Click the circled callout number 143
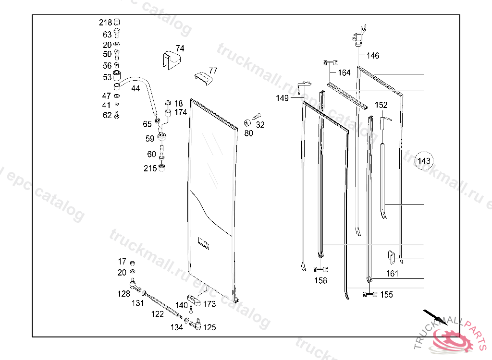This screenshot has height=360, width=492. tap(424, 161)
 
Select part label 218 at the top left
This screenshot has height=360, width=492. tap(105, 23)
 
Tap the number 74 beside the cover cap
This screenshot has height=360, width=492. tap(180, 48)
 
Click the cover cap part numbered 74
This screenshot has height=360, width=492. tap(172, 60)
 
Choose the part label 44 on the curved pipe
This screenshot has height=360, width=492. tap(135, 88)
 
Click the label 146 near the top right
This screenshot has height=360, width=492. tap(373, 56)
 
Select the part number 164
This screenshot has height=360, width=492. tap(344, 73)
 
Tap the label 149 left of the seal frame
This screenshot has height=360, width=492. tap(282, 98)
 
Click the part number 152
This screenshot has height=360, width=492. tap(381, 105)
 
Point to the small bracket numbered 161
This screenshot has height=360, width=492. tap(392, 257)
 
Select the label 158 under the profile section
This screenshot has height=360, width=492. tap(320, 280)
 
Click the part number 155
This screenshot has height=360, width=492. tap(386, 295)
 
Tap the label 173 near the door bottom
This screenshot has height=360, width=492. tap(209, 304)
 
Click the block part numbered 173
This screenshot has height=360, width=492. tap(194, 300)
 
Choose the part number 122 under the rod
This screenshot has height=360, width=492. tap(158, 314)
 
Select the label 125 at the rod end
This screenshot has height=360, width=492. tap(209, 327)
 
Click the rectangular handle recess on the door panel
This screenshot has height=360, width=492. tap(204, 244)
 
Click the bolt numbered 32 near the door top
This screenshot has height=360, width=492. tap(258, 116)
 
